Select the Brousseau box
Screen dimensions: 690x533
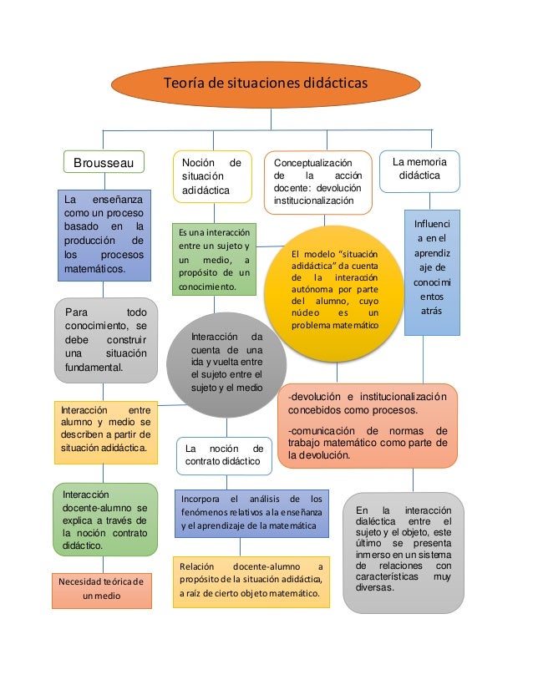click(x=104, y=161)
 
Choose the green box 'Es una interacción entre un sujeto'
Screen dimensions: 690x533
click(x=213, y=259)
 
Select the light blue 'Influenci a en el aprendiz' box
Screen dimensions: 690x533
click(x=432, y=272)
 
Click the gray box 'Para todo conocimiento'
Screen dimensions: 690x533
click(x=105, y=339)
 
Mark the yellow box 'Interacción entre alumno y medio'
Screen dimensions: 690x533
click(x=104, y=429)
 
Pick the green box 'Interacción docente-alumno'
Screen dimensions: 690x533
click(x=104, y=519)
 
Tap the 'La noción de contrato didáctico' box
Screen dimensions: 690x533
click(x=224, y=454)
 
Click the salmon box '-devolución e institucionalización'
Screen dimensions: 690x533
click(x=368, y=426)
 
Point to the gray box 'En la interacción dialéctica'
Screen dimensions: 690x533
click(x=403, y=551)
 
